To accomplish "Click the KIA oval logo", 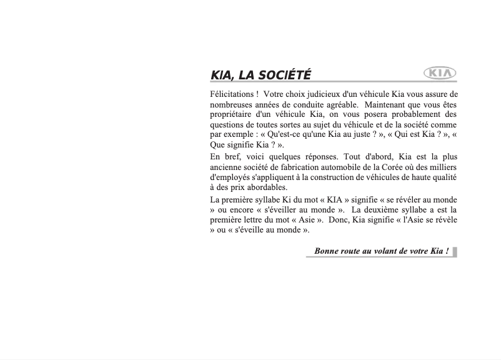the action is (440, 74).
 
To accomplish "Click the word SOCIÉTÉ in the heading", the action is (284, 76).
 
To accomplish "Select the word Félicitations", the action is (232, 94).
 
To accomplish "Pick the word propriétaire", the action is (234, 114).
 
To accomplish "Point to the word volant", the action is (385, 252).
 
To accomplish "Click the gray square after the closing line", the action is (455, 252).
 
